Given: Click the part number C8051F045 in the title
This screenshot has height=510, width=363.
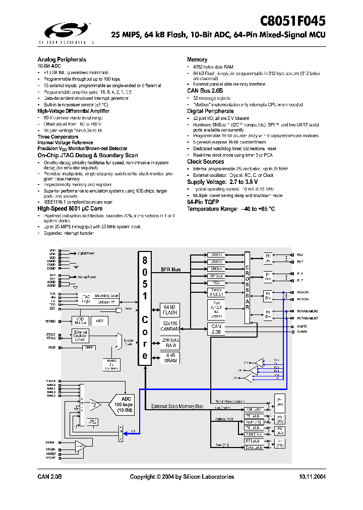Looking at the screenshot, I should (x=292, y=21).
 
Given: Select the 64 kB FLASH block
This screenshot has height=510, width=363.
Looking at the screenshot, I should (x=169, y=309).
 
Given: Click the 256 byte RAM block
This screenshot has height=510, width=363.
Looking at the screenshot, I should (x=169, y=342).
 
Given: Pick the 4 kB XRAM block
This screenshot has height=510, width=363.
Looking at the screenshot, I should (x=169, y=358).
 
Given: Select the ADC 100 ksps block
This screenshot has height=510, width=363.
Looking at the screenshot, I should (x=124, y=404).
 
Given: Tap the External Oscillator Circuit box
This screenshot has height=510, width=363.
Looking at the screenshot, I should (x=81, y=336).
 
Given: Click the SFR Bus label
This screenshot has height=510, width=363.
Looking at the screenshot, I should (x=170, y=270).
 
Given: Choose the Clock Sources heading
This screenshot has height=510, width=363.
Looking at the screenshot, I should (x=206, y=162).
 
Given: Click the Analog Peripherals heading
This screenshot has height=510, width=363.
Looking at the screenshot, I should (x=62, y=59).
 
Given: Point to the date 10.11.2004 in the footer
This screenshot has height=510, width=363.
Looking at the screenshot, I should (x=312, y=477).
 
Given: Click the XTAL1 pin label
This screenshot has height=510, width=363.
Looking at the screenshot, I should (x=51, y=333).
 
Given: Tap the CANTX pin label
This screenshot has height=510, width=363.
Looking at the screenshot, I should (x=302, y=327).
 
